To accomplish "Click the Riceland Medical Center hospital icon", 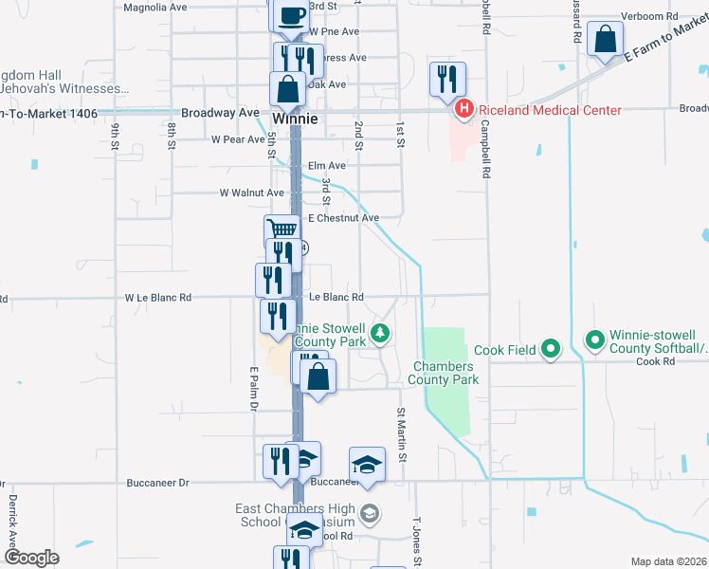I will pos(464,110).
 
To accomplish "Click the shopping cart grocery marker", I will pos(282,229).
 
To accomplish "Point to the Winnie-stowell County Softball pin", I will pos(595,339).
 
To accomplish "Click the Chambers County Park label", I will pos(443,373).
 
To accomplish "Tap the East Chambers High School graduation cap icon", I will pos(370,514).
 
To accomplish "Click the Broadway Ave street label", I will pos(220,113).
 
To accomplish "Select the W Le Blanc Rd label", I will pos(158,297).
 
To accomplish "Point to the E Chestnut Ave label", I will pos(343,218).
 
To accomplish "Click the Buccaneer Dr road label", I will pos(157,482).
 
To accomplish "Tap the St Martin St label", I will pos(402,435).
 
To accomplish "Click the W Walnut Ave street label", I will pos(251,193).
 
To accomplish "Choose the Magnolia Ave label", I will pos(156,7).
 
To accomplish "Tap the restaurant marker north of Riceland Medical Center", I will pos(447,78).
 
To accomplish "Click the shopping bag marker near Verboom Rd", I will pos(604,40).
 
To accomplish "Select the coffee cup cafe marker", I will pos(291,14).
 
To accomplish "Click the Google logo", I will pos(30,558).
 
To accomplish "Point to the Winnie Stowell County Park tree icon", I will pos(380,332).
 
